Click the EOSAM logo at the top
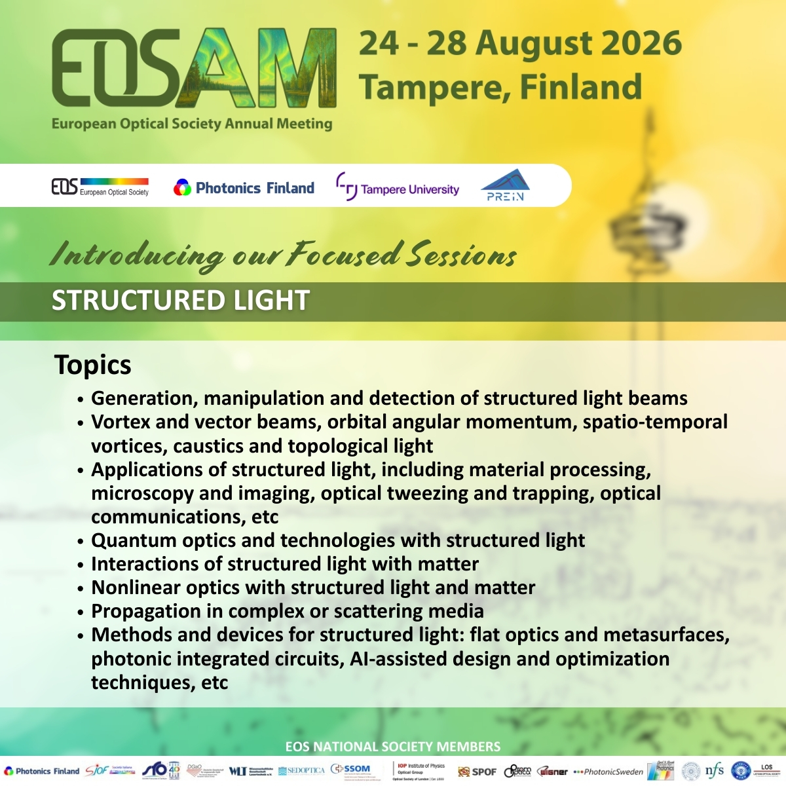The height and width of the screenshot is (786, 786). point(194,69)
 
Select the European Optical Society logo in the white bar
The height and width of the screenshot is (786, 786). point(100,187)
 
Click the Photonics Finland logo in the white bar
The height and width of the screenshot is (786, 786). point(244,188)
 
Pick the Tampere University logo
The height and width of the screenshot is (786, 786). point(398,189)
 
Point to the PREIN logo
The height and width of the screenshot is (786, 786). point(505,186)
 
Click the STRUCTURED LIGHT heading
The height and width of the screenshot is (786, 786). point(180,301)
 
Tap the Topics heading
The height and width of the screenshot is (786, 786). point(93,365)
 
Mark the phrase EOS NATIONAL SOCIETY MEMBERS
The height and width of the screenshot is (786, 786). point(393,747)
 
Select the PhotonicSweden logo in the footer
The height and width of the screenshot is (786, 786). point(608,772)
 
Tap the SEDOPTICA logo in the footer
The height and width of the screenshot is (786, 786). point(301,771)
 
